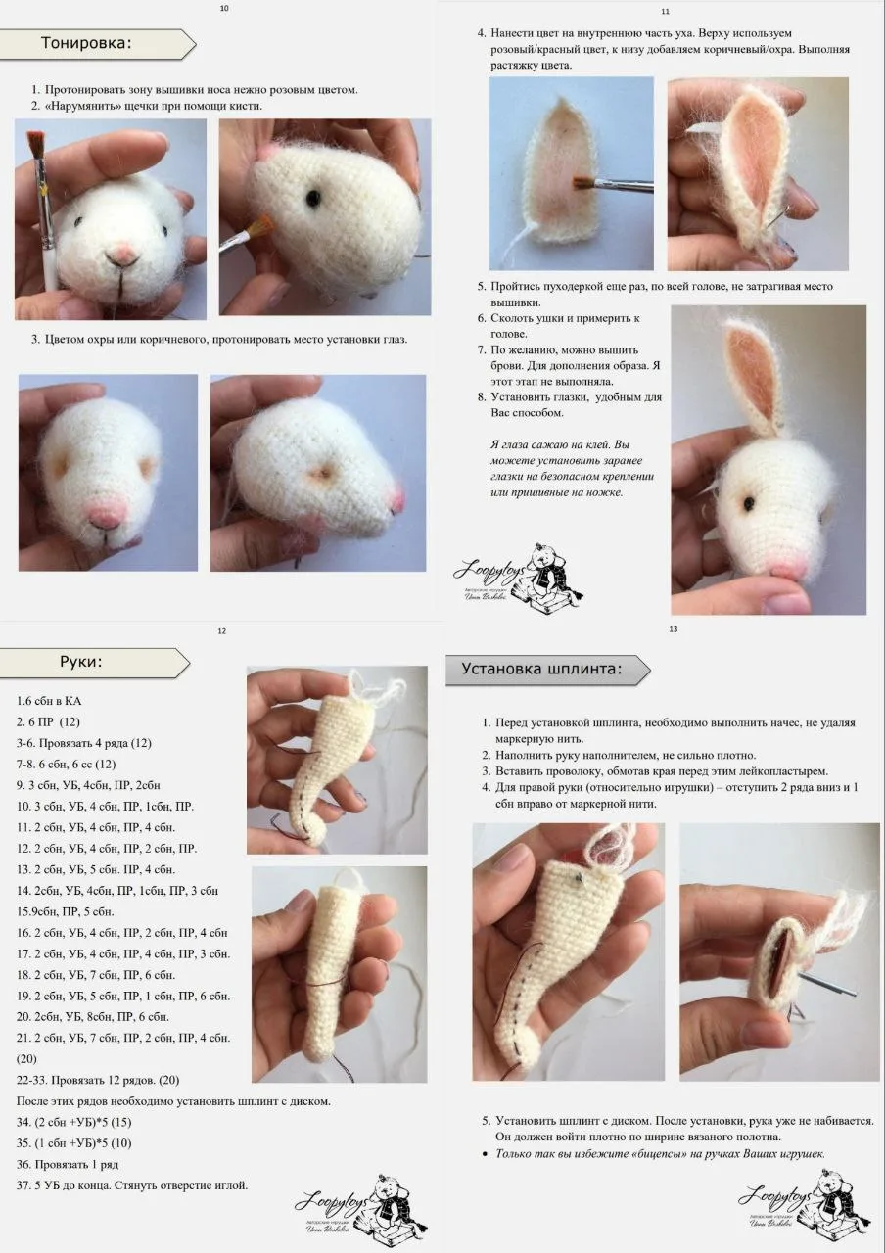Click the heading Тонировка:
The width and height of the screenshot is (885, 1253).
(86, 43)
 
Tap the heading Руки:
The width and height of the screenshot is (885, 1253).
(81, 661)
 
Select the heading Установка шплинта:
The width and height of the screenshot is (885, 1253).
(541, 669)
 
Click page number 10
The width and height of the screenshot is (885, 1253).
(224, 9)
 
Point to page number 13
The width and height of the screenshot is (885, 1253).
(673, 629)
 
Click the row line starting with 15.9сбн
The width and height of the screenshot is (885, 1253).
(65, 911)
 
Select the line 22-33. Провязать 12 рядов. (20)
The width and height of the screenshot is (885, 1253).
(98, 1080)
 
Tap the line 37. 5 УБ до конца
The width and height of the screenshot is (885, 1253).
(132, 1184)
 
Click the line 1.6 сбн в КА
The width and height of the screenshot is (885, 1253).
(49, 700)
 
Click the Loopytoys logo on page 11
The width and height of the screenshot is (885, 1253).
(518, 580)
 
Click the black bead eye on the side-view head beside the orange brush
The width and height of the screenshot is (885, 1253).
(312, 196)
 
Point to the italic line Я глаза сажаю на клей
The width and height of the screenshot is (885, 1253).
(560, 444)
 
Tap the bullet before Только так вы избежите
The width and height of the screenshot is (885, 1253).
(485, 1153)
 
